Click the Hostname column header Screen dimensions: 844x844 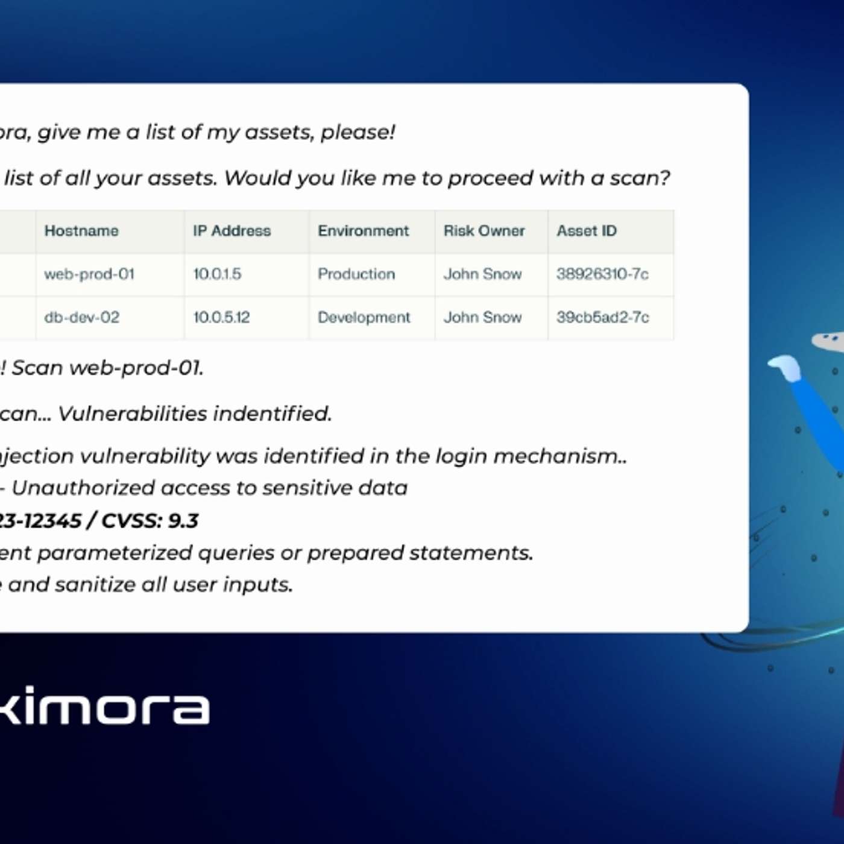(81, 231)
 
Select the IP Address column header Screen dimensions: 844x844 (231, 231)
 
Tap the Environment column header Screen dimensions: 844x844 (363, 231)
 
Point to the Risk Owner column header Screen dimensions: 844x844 (484, 231)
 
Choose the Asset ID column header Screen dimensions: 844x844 (586, 231)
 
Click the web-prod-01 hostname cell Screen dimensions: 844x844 (89, 274)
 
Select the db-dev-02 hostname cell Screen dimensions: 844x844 (82, 318)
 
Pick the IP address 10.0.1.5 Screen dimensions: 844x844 (217, 274)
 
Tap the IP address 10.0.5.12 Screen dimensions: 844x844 (221, 318)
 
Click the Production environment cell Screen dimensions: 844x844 (356, 274)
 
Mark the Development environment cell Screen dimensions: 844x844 (364, 318)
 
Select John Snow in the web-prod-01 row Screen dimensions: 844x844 (482, 274)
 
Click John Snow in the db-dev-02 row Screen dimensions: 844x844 (482, 318)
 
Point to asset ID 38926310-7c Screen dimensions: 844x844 (602, 274)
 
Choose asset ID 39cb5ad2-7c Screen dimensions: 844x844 (602, 318)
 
